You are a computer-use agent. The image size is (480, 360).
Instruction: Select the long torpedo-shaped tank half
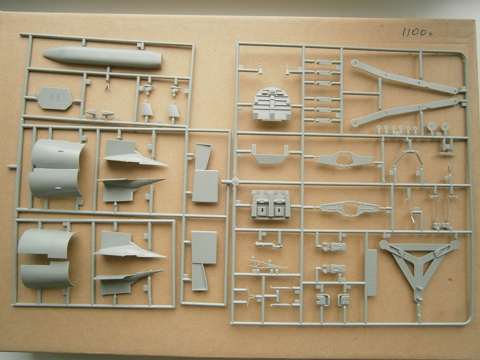[102, 58]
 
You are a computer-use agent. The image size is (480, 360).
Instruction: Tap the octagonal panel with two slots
[55, 98]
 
